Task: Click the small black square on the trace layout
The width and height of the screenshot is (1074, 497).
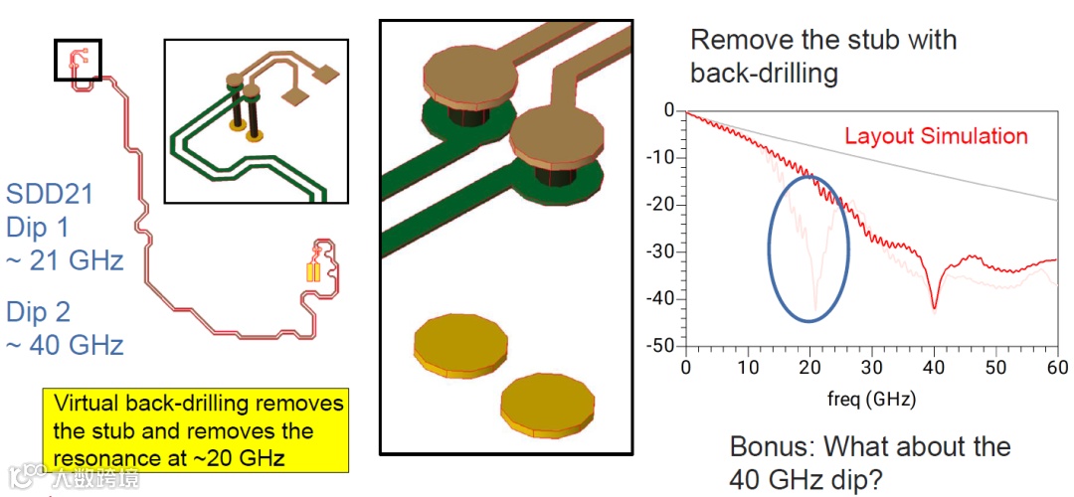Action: (78, 60)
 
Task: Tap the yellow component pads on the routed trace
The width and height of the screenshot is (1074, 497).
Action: (313, 271)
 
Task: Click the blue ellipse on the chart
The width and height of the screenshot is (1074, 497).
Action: (808, 248)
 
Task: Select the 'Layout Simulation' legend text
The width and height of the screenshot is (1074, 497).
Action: (936, 136)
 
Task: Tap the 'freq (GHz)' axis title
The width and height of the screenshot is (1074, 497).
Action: (870, 400)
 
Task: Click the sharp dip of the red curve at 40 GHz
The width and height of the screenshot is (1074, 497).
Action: (935, 307)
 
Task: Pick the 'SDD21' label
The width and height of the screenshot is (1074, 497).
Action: (50, 194)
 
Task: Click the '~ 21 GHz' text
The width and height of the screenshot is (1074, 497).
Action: (66, 260)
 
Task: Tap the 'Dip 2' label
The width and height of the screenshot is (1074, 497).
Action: (39, 312)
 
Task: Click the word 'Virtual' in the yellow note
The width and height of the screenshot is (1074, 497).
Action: (84, 405)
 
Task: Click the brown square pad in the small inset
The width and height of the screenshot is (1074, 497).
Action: (324, 74)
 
